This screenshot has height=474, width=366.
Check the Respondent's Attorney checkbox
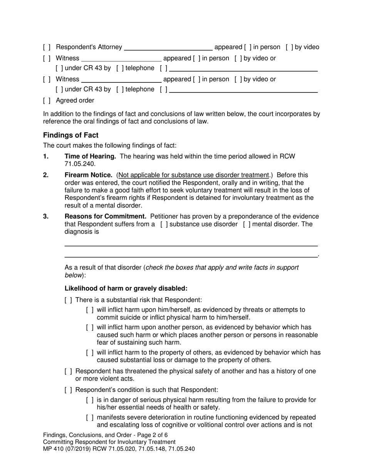coord(47,47)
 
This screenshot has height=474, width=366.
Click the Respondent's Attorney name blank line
coord(168,48)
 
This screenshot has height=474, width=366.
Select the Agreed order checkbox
coord(47,101)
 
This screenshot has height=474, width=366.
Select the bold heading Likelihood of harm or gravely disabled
coord(126,288)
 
